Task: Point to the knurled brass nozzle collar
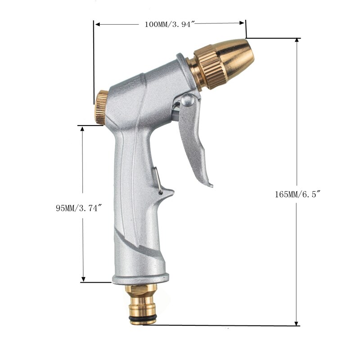205,69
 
